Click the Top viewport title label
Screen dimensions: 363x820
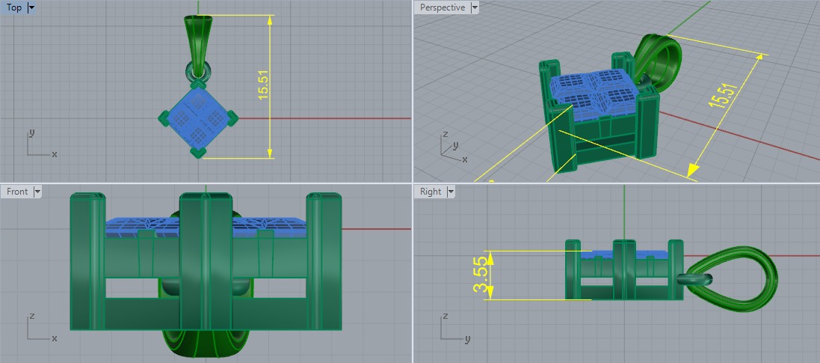(13, 7)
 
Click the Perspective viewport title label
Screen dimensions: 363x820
(442, 7)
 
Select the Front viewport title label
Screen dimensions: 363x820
(17, 192)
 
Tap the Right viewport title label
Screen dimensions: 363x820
(431, 192)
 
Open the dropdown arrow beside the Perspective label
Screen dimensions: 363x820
(475, 7)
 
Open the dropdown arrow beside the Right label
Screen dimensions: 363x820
(451, 192)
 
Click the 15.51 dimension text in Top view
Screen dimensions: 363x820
(263, 86)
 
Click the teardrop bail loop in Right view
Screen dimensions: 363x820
(729, 278)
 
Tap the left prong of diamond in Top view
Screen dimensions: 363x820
(165, 117)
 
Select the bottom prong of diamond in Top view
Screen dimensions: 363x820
(198, 152)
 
